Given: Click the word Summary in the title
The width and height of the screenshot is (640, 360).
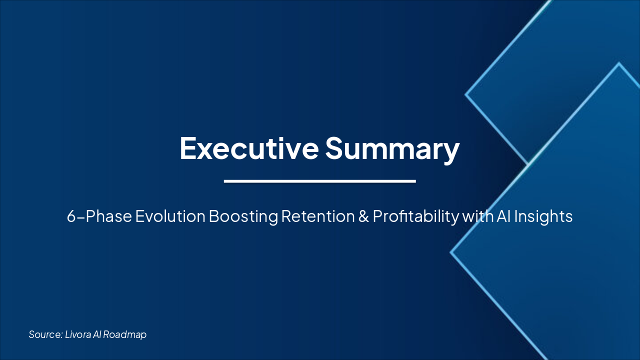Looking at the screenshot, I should coord(392,148).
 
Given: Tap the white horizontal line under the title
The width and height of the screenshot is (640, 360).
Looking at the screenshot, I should coord(320,181).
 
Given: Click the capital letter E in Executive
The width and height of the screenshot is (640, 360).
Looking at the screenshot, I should coord(188,148).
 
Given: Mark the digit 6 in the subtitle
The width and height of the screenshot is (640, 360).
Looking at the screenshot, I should coord(71,217).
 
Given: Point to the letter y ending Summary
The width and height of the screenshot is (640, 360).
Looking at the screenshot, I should coord(450,151).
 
